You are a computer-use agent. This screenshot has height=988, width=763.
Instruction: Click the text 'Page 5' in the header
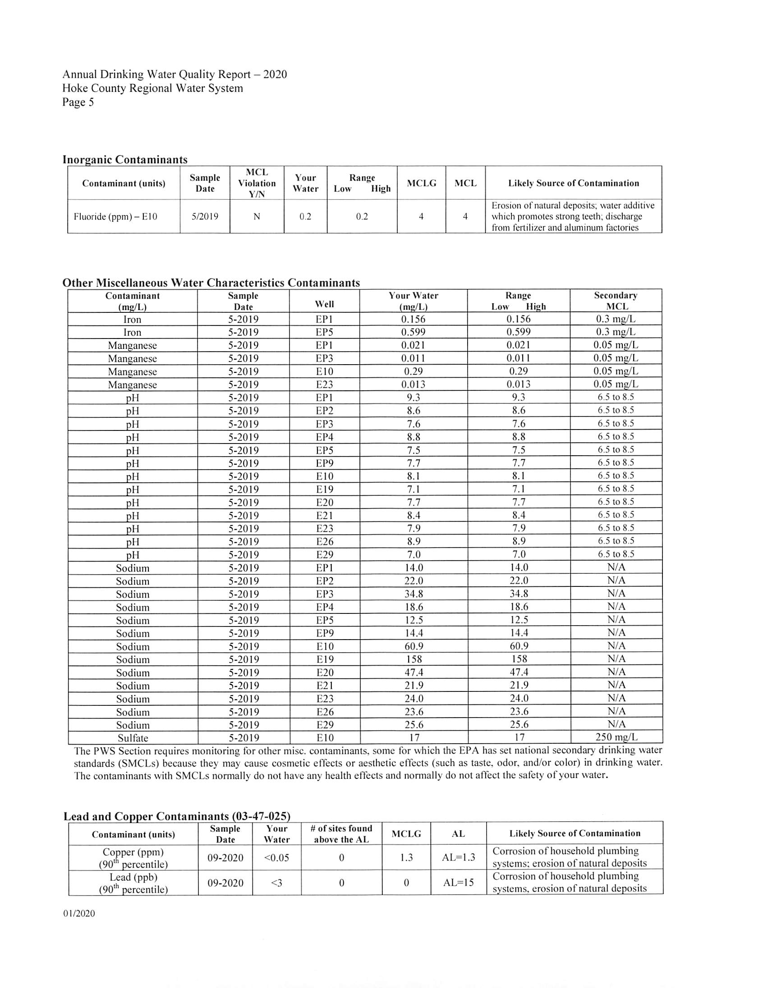coord(78,102)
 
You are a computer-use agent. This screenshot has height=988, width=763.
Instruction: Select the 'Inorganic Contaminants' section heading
coord(124,160)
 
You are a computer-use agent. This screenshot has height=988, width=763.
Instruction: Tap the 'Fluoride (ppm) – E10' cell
coord(115,217)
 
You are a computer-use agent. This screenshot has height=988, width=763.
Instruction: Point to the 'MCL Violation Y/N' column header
coord(257,183)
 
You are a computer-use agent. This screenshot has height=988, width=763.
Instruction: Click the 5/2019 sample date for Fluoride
coord(205,217)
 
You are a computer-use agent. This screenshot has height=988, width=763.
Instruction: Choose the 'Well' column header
coord(324,304)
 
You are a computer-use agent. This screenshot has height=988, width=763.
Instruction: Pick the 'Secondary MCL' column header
coord(616,301)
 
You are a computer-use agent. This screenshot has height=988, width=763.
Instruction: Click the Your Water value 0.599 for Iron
coord(413,333)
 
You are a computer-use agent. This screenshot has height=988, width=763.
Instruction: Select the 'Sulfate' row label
coord(133,738)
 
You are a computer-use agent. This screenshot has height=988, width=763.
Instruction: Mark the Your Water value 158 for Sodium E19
coord(414,659)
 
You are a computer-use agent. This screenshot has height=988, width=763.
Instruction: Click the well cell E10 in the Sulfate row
coord(325,738)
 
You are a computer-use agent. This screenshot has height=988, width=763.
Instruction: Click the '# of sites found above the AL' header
coord(341,834)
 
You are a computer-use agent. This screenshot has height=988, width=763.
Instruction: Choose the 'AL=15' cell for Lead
coord(458,883)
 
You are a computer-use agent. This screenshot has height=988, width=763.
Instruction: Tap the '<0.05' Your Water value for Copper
coord(276,858)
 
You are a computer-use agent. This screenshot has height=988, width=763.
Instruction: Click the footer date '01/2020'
coord(79,913)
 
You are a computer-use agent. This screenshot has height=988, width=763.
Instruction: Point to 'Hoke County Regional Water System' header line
coord(152,88)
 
